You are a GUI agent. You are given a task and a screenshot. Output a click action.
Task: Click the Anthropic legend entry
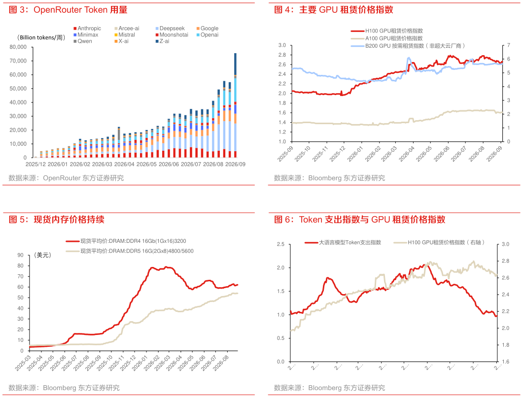[87, 29]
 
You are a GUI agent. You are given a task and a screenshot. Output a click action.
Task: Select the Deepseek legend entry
[170, 29]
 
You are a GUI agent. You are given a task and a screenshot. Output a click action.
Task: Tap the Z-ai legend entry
[162, 41]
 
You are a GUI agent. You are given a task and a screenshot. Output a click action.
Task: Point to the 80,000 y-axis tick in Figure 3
[18, 47]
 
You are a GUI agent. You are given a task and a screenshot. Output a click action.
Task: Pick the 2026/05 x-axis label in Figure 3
[146, 165]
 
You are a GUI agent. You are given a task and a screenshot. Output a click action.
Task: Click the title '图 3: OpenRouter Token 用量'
[68, 10]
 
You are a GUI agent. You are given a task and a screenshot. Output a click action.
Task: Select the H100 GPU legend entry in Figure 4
[387, 31]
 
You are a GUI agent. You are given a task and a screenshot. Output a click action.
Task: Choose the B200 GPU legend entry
[408, 46]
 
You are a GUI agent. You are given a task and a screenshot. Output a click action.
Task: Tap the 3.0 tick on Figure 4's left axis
[282, 45]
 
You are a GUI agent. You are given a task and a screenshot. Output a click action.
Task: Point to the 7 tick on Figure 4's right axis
[508, 45]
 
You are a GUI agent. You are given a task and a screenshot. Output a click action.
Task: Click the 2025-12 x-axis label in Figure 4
[338, 154]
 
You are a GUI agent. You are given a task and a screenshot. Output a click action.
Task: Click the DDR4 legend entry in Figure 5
[126, 241]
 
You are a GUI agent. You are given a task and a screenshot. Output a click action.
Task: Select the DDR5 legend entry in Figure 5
[130, 251]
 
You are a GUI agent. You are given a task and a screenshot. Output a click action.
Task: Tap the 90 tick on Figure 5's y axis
[20, 255]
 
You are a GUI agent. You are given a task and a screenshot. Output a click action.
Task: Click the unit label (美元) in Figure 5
[42, 255]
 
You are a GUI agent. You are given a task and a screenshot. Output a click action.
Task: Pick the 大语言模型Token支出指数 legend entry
[343, 242]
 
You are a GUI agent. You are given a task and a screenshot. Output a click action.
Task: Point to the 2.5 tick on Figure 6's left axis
[280, 244]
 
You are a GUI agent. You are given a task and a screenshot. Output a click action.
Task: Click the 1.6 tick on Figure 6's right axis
[505, 362]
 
